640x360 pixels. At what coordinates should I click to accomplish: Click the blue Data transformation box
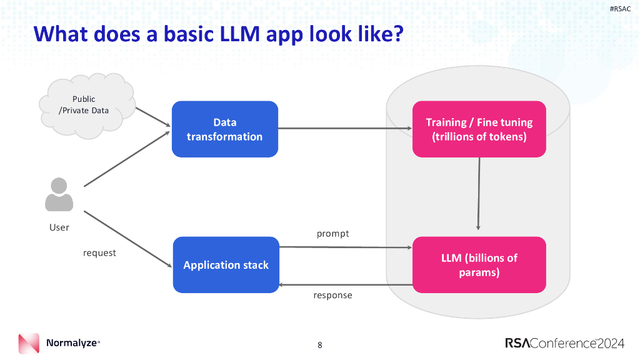[x=224, y=129]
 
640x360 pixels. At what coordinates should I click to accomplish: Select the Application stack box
[x=226, y=265]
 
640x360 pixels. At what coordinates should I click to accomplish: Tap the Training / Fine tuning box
[x=479, y=129]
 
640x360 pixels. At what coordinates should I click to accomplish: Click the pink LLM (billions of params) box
[x=479, y=265]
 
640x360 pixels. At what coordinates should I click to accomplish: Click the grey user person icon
[x=59, y=194]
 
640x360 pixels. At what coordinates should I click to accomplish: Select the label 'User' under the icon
[x=59, y=227]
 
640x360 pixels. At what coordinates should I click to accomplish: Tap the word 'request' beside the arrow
[x=99, y=253]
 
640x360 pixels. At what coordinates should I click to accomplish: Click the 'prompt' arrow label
[x=332, y=234]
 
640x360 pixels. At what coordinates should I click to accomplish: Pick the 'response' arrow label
[x=332, y=295]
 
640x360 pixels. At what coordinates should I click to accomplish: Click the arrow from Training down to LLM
[x=479, y=194]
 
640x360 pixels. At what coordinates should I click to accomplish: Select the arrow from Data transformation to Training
[x=344, y=129]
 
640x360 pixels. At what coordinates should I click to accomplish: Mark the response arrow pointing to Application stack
[x=344, y=284]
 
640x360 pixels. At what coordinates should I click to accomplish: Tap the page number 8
[x=320, y=344]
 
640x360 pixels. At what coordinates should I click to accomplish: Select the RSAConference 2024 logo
[x=564, y=343]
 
